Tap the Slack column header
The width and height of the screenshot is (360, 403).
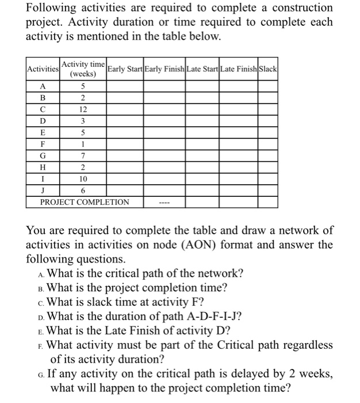click(x=268, y=70)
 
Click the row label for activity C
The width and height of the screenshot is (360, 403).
click(x=43, y=109)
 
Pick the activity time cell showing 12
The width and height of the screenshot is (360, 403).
click(x=83, y=109)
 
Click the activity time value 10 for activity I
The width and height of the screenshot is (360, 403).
click(x=83, y=180)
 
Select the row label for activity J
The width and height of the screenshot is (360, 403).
click(x=43, y=191)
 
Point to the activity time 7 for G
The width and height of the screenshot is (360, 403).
click(x=83, y=156)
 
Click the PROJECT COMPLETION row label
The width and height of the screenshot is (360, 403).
click(x=85, y=203)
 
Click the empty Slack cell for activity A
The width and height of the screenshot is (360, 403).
click(x=268, y=86)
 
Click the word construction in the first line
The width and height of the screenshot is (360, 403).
click(x=296, y=8)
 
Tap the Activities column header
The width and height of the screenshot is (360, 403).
click(x=43, y=70)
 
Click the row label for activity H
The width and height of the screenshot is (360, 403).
click(x=43, y=168)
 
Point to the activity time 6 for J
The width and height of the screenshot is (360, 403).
click(x=83, y=191)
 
